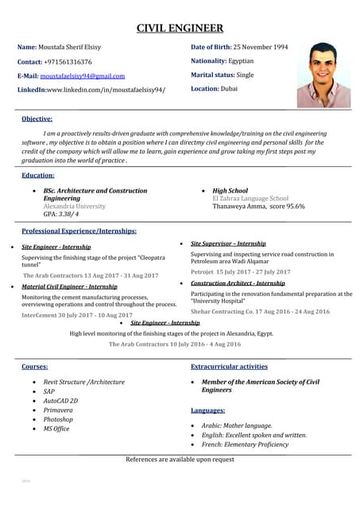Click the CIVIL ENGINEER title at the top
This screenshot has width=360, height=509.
click(x=180, y=29)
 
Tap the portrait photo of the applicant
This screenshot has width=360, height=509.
click(x=323, y=76)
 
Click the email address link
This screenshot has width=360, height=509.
click(x=83, y=76)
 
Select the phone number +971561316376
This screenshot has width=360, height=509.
click(x=68, y=61)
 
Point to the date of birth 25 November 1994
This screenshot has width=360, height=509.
click(x=260, y=47)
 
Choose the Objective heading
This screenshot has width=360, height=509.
click(x=37, y=119)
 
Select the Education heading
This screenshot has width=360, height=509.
click(x=38, y=175)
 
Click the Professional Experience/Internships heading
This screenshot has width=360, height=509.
click(x=79, y=231)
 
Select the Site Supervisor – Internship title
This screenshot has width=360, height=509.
click(x=228, y=243)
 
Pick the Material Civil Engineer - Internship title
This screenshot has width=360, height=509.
click(x=69, y=286)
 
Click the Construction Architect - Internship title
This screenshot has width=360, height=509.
click(x=238, y=283)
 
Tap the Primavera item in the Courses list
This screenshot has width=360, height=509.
click(x=58, y=410)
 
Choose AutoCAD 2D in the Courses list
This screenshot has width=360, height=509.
click(x=60, y=401)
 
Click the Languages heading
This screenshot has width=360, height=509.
click(x=207, y=410)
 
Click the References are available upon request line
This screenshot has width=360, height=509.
click(x=180, y=460)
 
